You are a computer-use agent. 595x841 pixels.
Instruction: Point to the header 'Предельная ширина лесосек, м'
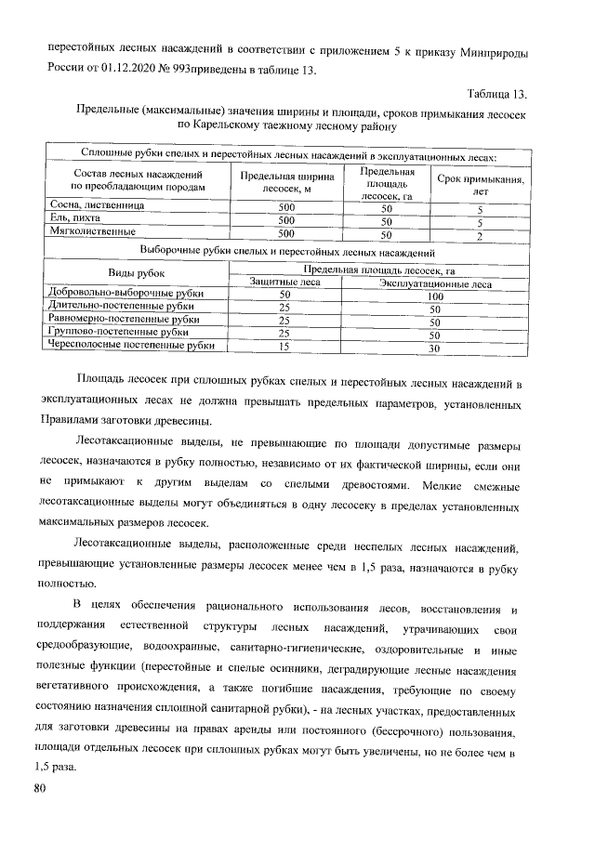click(286, 182)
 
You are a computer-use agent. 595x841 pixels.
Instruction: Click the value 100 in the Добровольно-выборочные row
click(435, 296)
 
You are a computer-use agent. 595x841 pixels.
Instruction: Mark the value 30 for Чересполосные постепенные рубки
click(433, 348)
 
